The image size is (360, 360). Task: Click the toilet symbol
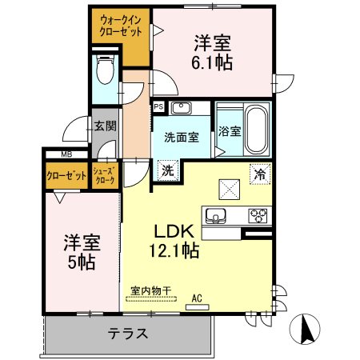click(106, 70)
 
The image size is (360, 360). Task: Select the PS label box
click(158, 107)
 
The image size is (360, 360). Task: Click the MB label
click(66, 154)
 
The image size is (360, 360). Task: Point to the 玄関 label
click(106, 126)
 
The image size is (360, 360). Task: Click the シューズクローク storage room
click(106, 176)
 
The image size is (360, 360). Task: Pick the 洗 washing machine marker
click(168, 170)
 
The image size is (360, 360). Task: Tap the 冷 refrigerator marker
click(260, 174)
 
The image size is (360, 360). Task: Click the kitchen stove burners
click(258, 215)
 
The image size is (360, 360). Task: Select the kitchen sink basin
click(216, 215)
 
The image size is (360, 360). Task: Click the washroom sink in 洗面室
click(182, 108)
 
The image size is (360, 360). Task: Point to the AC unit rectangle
click(198, 307)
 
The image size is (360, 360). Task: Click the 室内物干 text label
click(150, 290)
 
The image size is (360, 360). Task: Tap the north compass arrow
click(306, 329)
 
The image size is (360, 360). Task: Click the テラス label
click(128, 334)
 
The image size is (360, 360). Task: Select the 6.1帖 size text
click(212, 63)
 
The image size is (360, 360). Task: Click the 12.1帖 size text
click(174, 250)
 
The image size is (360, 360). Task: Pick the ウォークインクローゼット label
click(120, 26)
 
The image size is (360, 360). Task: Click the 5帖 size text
click(82, 262)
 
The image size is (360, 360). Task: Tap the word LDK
click(174, 231)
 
